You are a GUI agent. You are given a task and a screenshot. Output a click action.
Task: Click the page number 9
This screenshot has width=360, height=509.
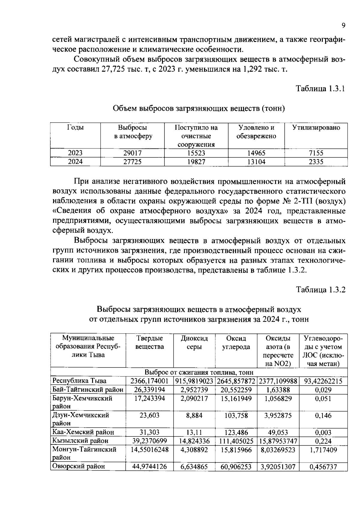[343, 25]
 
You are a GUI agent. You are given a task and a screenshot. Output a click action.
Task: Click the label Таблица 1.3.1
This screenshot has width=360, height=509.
[321, 89]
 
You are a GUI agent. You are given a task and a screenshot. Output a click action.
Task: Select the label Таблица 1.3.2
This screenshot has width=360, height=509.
[321, 290]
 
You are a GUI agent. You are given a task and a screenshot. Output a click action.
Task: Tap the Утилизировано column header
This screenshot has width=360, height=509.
[316, 128]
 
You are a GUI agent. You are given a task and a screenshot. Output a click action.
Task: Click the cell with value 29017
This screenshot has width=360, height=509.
[132, 153]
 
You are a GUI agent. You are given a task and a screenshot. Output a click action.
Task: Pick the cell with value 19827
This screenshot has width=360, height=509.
[196, 162]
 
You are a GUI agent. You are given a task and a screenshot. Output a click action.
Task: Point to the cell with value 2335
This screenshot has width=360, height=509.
[316, 162]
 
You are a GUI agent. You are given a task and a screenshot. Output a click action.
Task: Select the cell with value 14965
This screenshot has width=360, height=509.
[256, 153]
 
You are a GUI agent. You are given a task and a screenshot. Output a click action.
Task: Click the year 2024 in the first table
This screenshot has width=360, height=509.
[75, 162]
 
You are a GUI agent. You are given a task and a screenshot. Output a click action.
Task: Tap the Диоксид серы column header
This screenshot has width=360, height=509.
[194, 343]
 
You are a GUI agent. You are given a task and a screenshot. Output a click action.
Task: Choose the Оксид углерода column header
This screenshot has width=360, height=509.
[236, 343]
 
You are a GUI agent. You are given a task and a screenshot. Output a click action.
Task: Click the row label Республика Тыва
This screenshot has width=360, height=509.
[79, 381]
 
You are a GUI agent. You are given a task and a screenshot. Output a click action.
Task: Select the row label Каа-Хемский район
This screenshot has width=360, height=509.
[83, 432]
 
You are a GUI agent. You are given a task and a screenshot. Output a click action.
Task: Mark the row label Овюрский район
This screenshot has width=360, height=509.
[79, 466]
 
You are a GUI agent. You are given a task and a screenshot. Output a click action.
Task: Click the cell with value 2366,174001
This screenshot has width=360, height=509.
[149, 381]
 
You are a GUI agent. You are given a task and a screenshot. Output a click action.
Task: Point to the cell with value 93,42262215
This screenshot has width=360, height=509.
[323, 381]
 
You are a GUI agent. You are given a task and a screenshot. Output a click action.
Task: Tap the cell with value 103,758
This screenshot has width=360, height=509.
[236, 415]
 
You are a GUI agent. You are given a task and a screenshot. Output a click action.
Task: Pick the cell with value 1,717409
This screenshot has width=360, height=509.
[323, 450]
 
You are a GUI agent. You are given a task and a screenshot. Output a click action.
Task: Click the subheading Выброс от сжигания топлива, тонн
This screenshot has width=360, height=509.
[199, 373]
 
